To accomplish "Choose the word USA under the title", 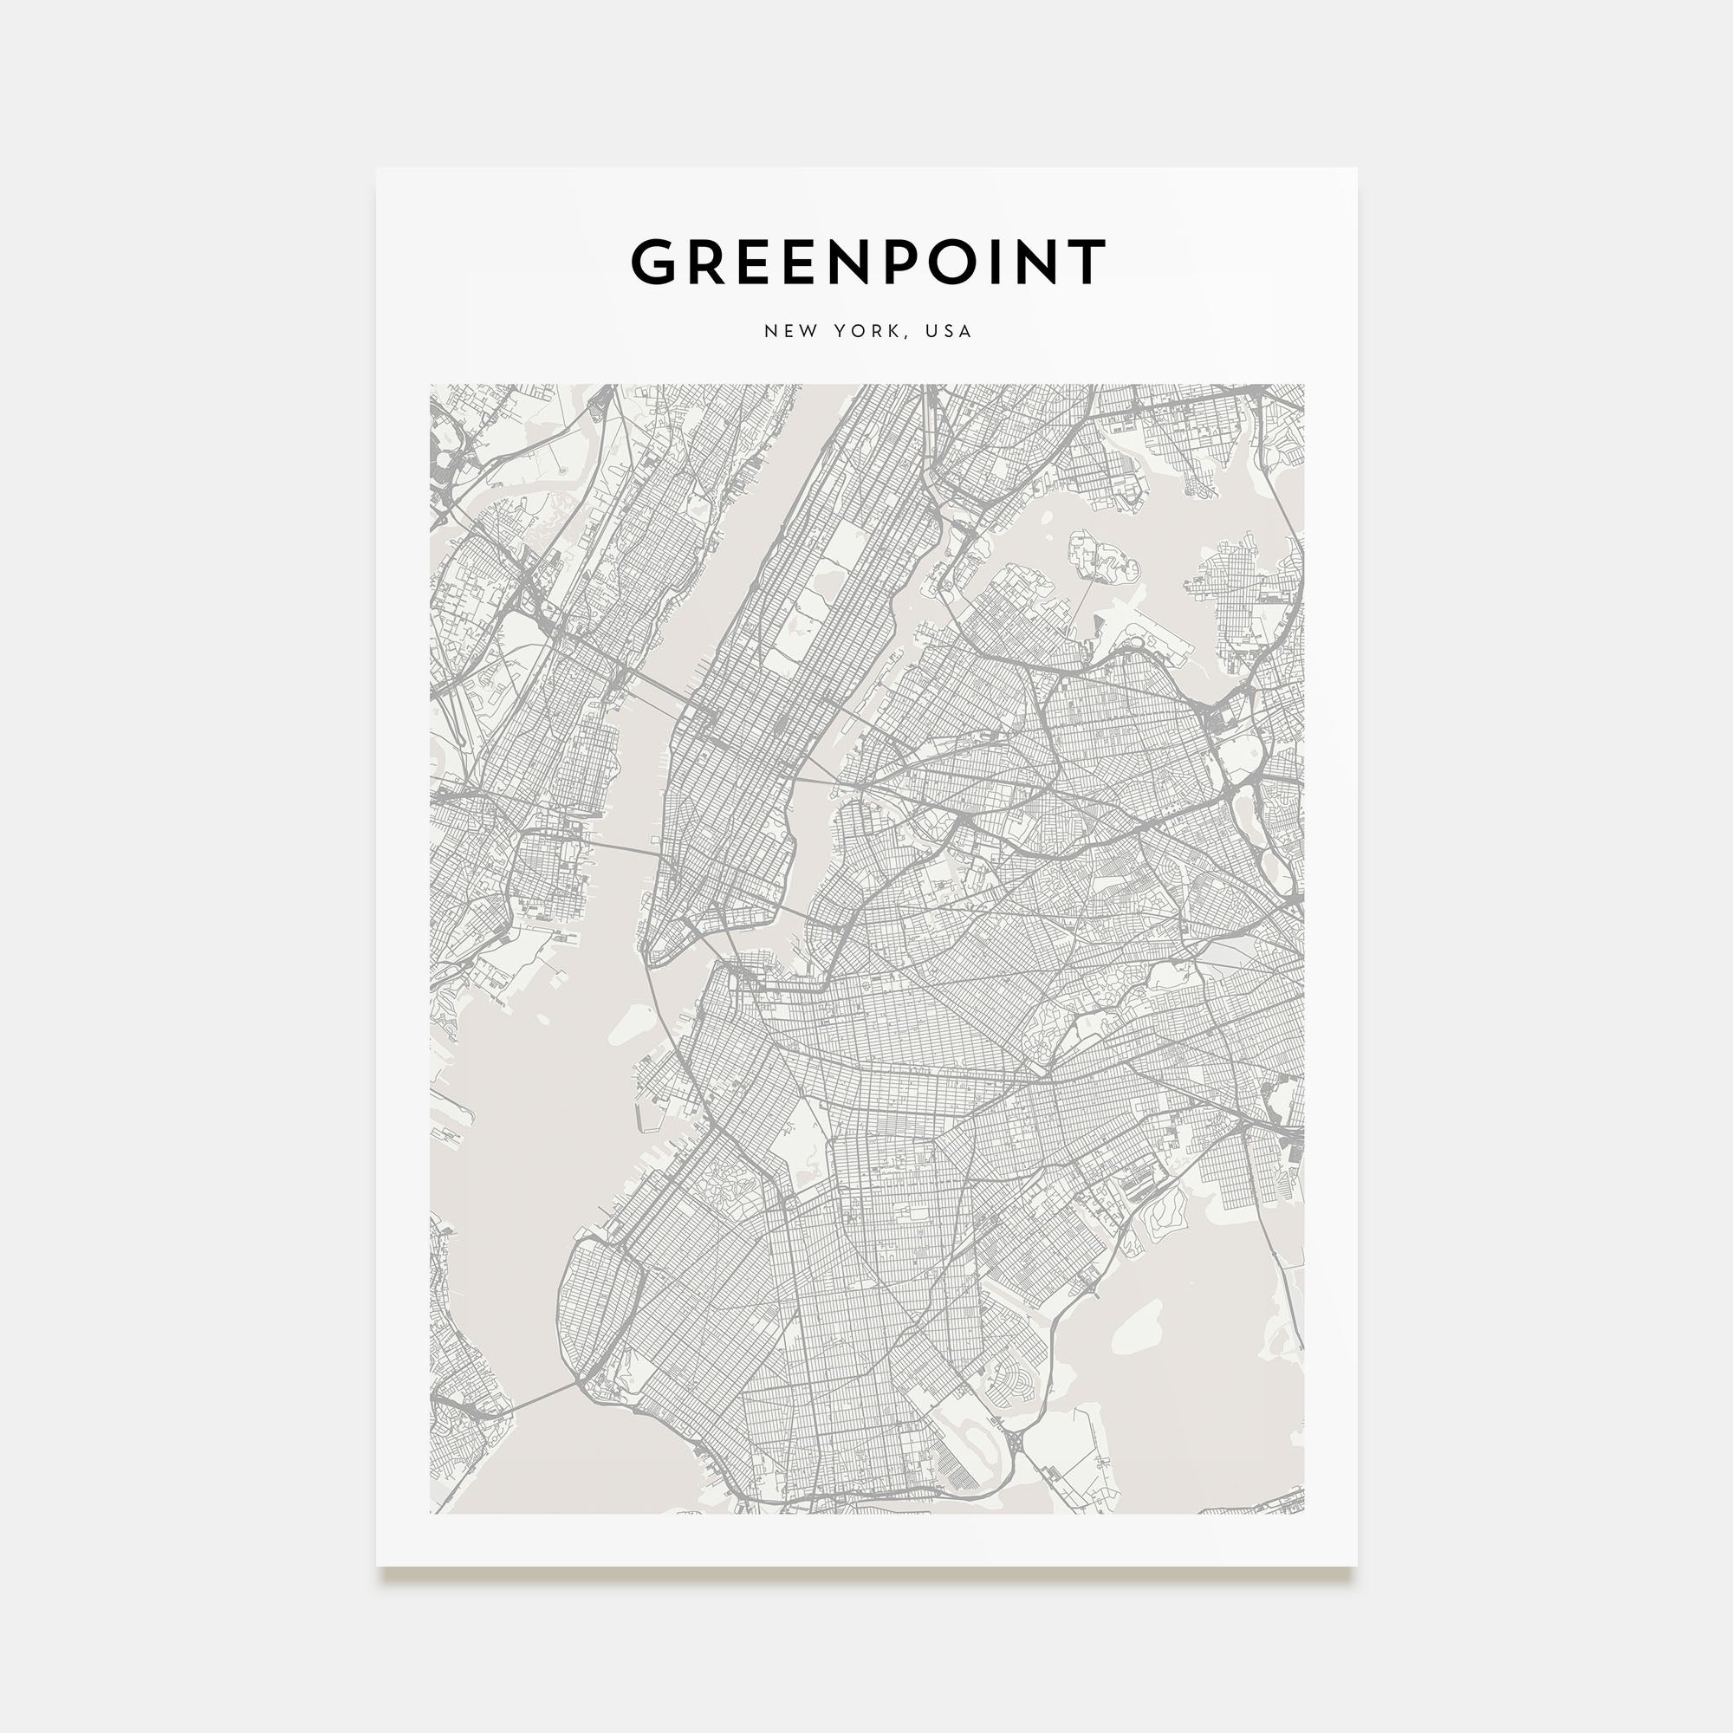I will click(949, 331).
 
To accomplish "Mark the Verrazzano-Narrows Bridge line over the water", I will click(538, 1400).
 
